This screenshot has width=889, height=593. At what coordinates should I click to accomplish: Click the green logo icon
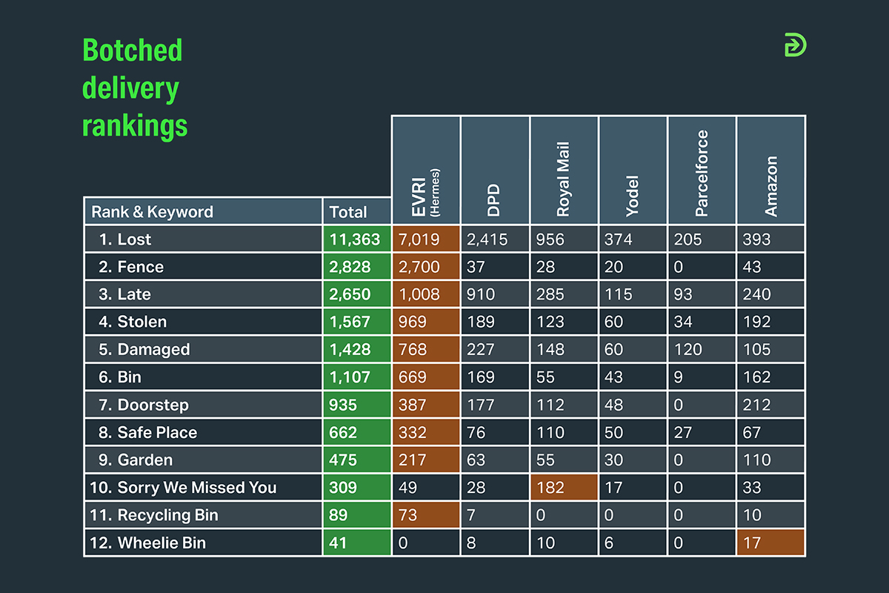tap(795, 45)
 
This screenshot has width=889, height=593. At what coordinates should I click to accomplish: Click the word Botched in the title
tap(132, 50)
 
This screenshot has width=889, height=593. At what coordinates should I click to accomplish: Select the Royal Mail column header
tap(564, 170)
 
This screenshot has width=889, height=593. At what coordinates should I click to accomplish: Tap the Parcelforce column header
tap(702, 170)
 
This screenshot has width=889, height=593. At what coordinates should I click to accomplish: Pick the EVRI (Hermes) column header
tap(426, 170)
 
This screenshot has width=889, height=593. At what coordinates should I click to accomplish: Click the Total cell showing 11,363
tap(356, 239)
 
